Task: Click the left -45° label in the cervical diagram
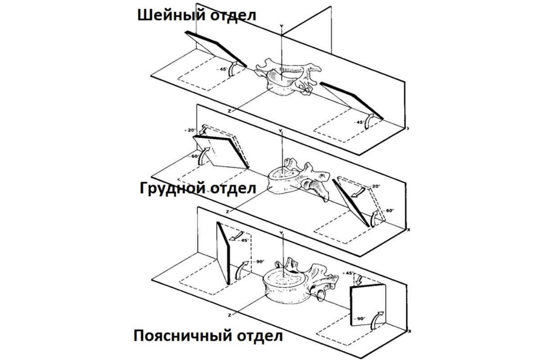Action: pos(222,69)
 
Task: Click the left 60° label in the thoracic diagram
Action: pos(195,157)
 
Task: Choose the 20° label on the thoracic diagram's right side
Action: pos(376,186)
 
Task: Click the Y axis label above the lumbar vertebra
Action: pos(280,233)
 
